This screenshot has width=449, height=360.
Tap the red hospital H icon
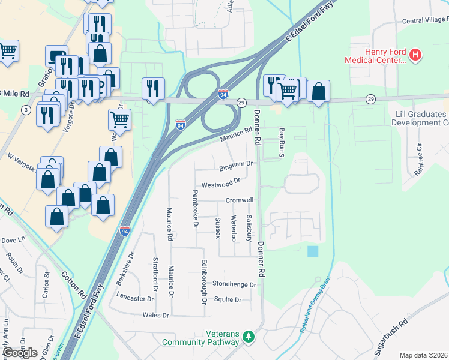click(415, 56)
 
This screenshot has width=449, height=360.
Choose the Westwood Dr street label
click(221, 181)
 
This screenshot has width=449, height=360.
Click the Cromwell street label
click(240, 200)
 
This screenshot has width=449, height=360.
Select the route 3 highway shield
click(26, 110)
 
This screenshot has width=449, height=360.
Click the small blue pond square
click(313, 251)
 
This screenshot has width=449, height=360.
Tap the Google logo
click(20, 352)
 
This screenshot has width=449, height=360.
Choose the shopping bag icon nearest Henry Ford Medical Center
click(319, 92)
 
